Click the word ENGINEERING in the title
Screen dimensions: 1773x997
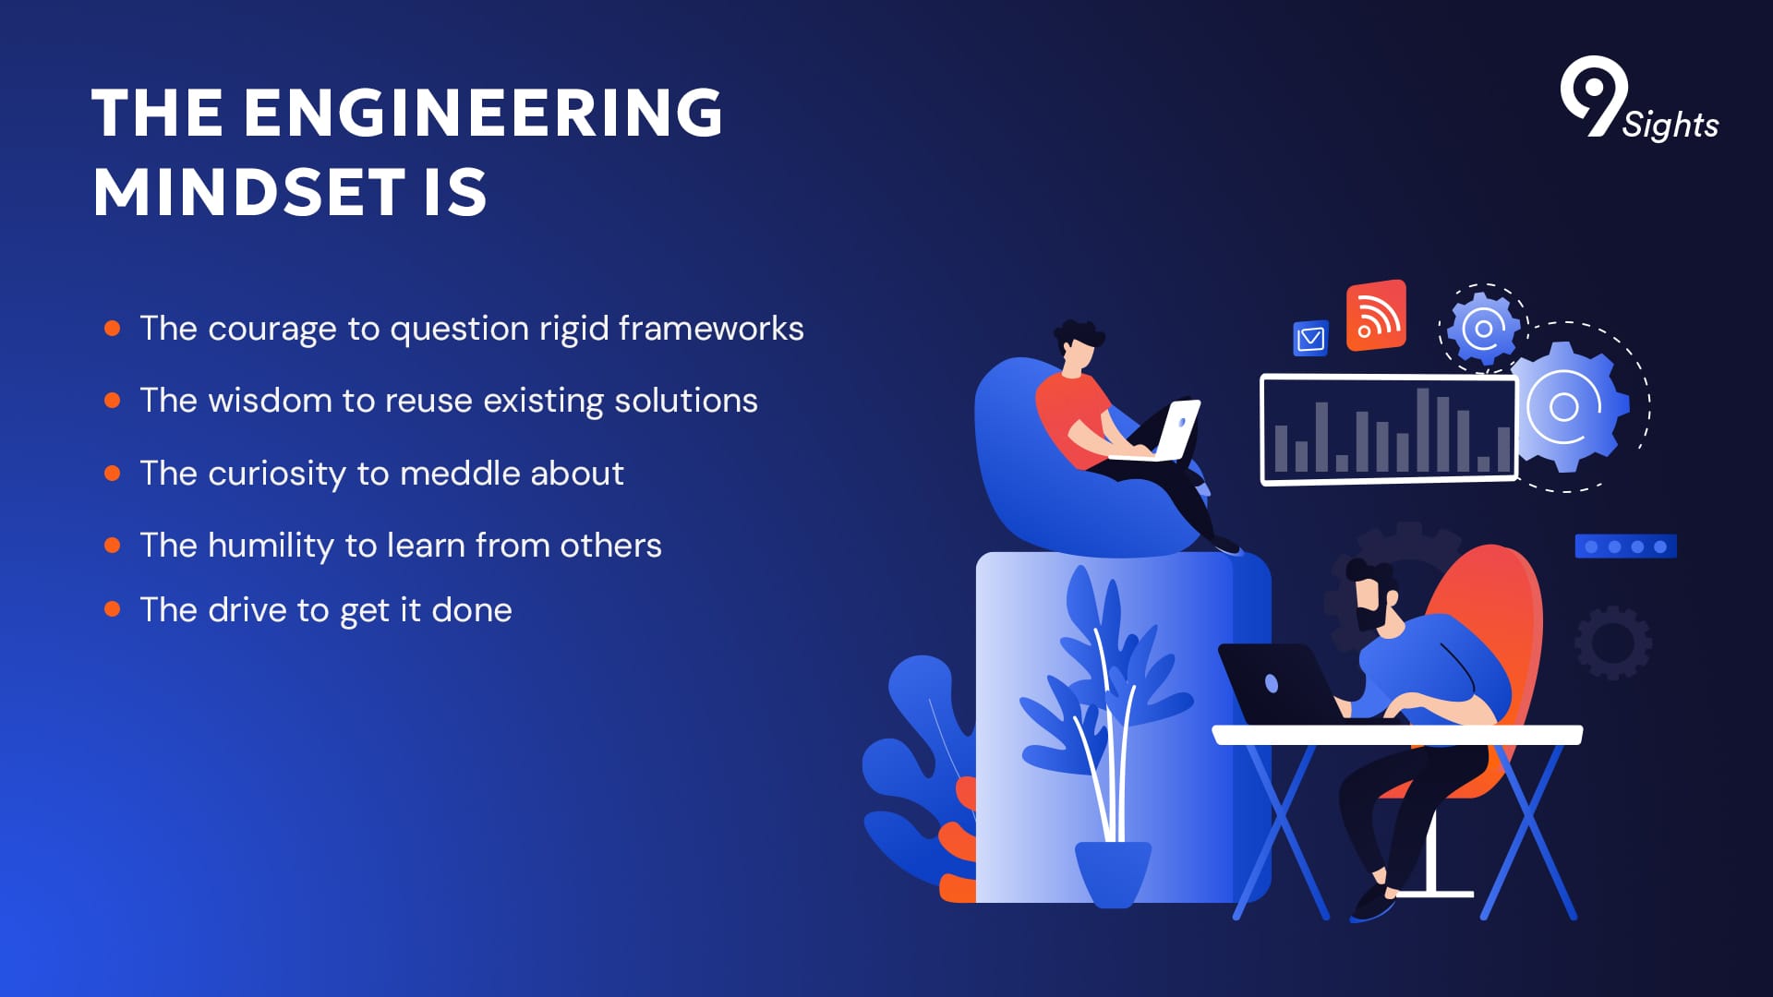pyautogui.click(x=483, y=113)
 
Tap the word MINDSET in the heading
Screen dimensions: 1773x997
pyautogui.click(x=249, y=192)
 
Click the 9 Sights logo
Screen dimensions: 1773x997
pyautogui.click(x=1639, y=100)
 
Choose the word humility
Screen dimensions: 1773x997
pyautogui.click(x=271, y=546)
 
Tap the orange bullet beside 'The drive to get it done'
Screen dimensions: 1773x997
pyautogui.click(x=113, y=609)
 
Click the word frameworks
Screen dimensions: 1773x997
pyautogui.click(x=711, y=329)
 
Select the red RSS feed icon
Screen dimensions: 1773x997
pyautogui.click(x=1376, y=316)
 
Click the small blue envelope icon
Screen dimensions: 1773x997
pyautogui.click(x=1310, y=339)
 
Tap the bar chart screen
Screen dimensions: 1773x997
pyautogui.click(x=1389, y=429)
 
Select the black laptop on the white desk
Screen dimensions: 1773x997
pyautogui.click(x=1279, y=684)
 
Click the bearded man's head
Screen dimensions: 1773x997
pyautogui.click(x=1373, y=594)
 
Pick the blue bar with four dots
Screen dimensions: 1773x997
pyautogui.click(x=1625, y=547)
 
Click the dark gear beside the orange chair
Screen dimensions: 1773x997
pyautogui.click(x=1613, y=643)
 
